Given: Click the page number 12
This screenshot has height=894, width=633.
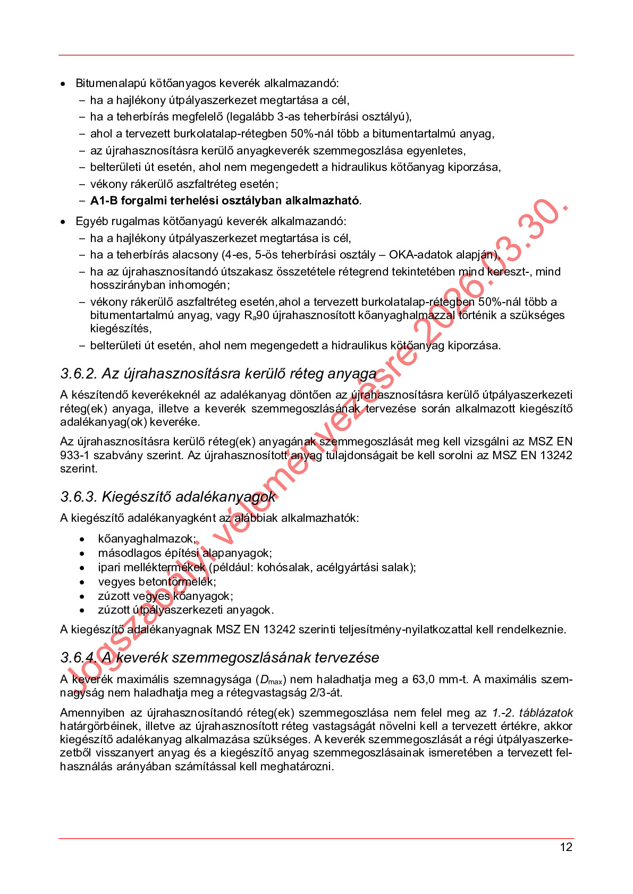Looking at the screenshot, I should pyautogui.click(x=566, y=847).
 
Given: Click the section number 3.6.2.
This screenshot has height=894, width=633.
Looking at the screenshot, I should pyautogui.click(x=79, y=374).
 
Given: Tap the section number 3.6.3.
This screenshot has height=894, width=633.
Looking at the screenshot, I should pyautogui.click(x=79, y=497).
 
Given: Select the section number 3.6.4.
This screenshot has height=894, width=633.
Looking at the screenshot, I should pyautogui.click(x=79, y=658).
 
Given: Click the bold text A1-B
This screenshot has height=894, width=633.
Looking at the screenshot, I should pyautogui.click(x=104, y=201).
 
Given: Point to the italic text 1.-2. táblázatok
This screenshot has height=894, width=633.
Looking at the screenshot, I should pyautogui.click(x=532, y=713).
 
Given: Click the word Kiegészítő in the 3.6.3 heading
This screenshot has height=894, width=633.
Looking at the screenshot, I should pyautogui.click(x=136, y=497).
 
